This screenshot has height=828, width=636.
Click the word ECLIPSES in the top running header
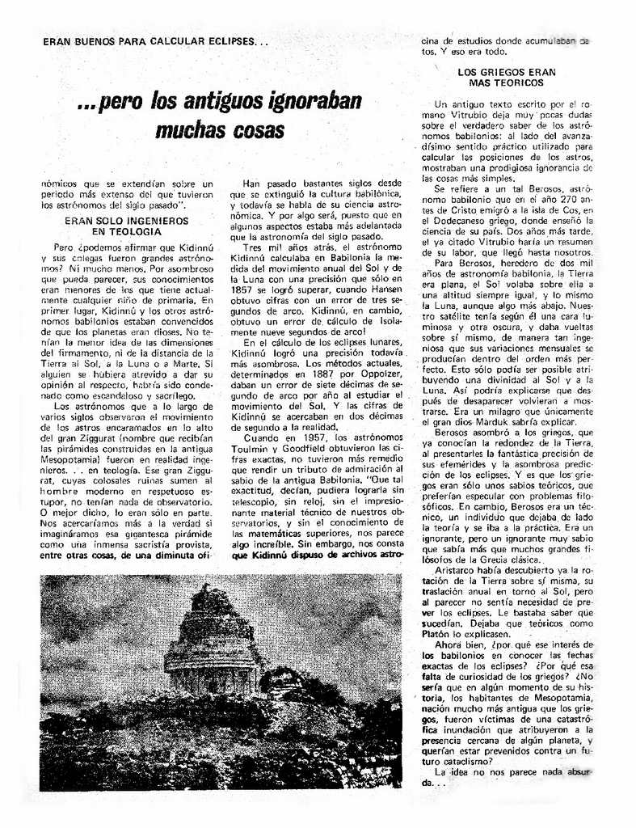click(227, 40)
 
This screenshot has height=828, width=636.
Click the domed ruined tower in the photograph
click(213, 639)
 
